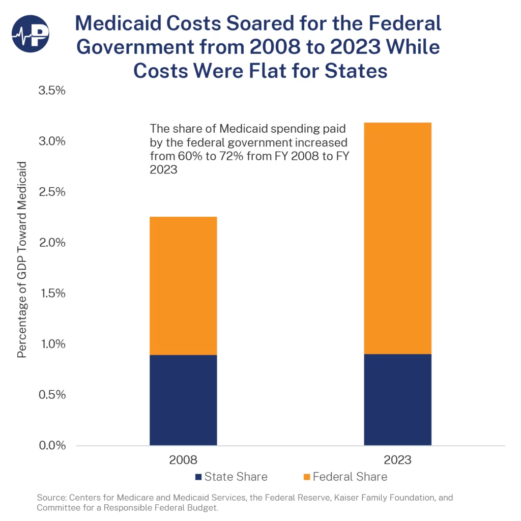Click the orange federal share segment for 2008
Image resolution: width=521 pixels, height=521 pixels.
(x=183, y=285)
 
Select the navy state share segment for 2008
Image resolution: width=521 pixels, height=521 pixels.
(x=183, y=400)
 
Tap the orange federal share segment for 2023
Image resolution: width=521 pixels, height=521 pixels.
(x=397, y=238)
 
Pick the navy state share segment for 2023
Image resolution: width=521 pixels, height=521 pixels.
(x=397, y=399)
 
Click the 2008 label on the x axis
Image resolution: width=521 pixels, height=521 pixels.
(x=183, y=460)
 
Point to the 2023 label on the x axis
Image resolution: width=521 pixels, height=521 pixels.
(x=397, y=460)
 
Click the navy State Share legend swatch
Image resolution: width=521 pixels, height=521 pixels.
(x=198, y=477)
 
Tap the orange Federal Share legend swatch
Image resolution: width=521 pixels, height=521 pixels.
(x=306, y=477)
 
